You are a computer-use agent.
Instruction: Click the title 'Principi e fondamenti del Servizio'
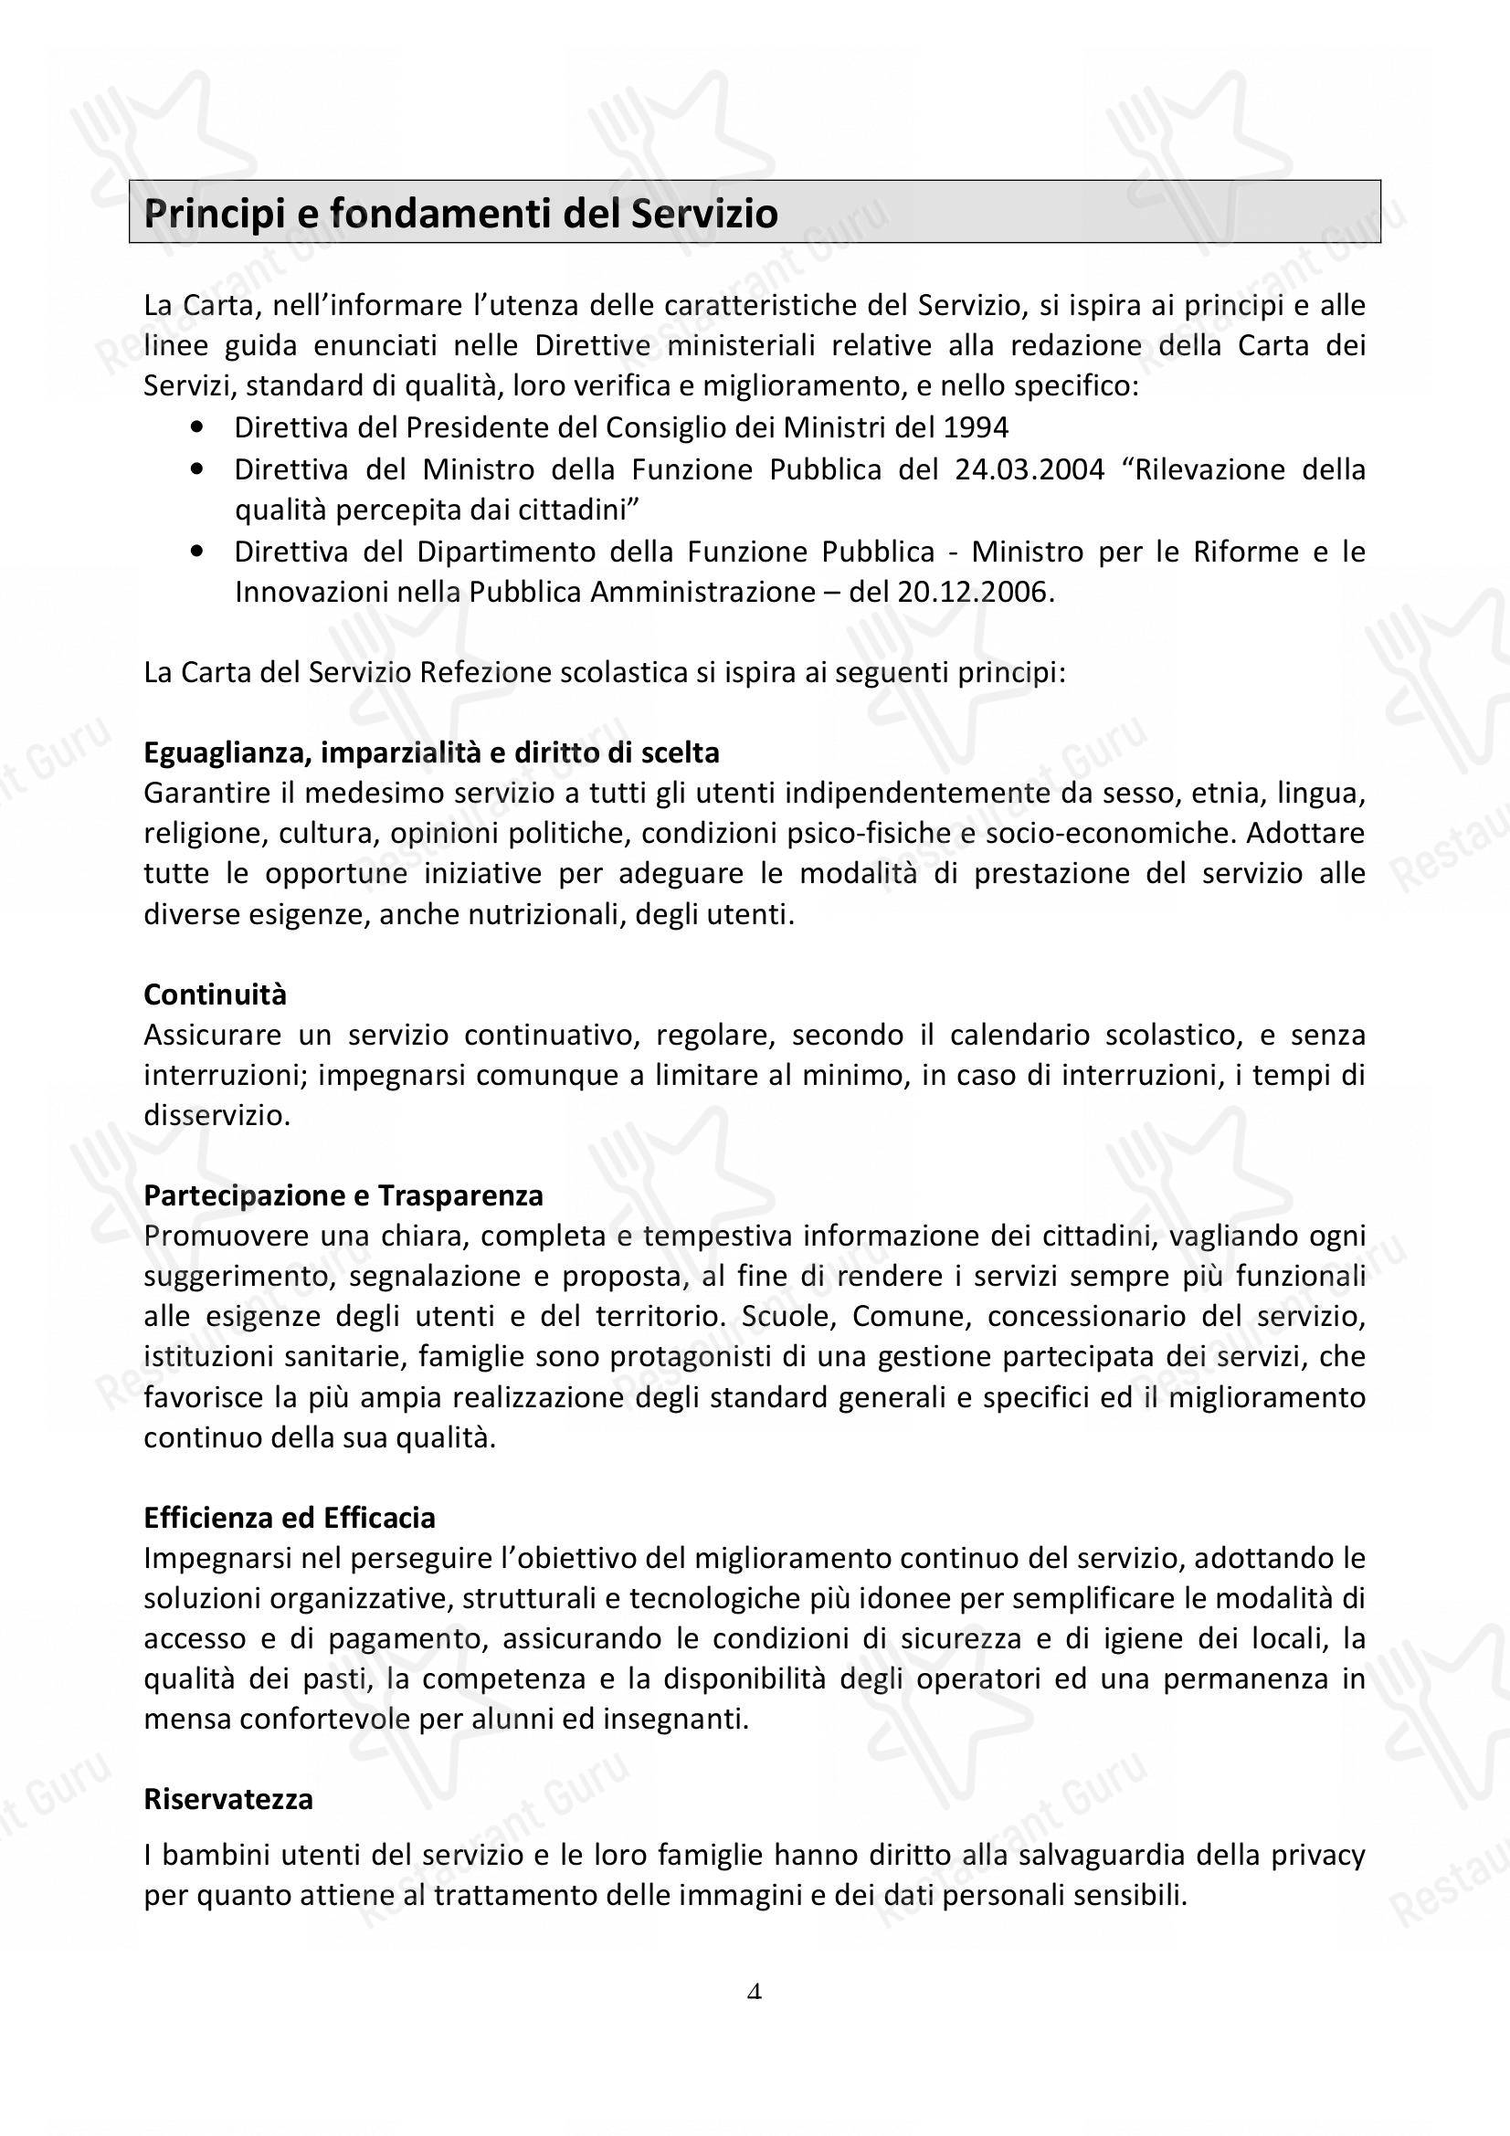[x=460, y=214]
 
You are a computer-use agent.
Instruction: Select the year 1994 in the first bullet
[x=976, y=428]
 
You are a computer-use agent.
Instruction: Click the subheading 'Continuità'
[x=215, y=994]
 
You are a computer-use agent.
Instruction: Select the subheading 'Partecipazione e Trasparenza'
[x=343, y=1195]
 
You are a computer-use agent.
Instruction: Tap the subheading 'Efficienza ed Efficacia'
[x=290, y=1518]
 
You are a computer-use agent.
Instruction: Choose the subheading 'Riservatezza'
[x=228, y=1799]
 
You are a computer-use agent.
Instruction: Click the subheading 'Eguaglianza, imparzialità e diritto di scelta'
[x=432, y=752]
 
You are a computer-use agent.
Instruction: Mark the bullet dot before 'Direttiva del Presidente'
[x=196, y=428]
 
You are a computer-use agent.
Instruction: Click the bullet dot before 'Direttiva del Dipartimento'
[x=196, y=552]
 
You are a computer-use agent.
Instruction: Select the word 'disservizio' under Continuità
[x=216, y=1115]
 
